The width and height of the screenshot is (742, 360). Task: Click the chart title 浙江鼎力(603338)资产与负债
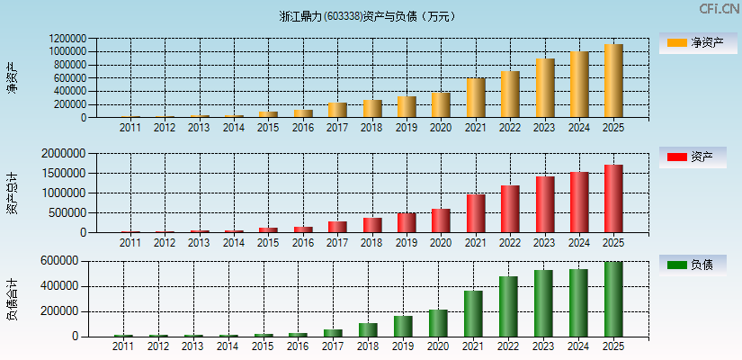[368, 15]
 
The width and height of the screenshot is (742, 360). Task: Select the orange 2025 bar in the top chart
[613, 81]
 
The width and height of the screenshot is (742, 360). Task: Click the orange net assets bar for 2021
[476, 98]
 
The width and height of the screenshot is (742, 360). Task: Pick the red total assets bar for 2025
[613, 199]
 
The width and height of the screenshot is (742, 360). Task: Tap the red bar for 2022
[510, 209]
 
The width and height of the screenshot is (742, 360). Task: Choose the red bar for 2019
[407, 222]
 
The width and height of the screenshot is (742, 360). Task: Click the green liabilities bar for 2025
[613, 299]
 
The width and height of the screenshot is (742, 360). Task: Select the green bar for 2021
[474, 313]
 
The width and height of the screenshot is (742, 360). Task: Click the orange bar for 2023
[545, 88]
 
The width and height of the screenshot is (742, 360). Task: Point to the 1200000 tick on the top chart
[68, 39]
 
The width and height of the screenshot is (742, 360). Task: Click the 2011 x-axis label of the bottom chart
[123, 346]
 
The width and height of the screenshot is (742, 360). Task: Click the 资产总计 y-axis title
[13, 193]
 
